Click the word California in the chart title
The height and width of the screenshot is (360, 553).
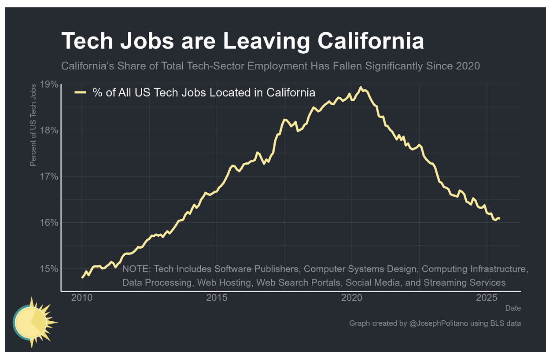[x=371, y=41]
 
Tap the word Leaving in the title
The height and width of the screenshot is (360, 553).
[x=269, y=41]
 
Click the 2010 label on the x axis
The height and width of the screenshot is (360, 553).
[x=82, y=298]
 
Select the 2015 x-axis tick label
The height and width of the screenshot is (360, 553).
[x=217, y=298]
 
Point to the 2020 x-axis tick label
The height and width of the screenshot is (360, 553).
[x=352, y=298]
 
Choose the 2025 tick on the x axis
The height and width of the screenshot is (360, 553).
[x=487, y=298]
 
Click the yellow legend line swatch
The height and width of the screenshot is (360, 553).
[x=81, y=92]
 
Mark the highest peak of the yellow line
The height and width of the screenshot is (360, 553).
[x=361, y=87]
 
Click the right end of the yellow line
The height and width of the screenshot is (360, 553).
[x=499, y=218]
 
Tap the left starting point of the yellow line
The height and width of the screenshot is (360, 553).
[x=82, y=277]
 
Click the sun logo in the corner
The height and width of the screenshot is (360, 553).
[x=33, y=323]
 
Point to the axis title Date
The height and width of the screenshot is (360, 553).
[x=513, y=308]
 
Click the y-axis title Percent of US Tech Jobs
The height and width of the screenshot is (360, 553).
[x=33, y=125]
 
